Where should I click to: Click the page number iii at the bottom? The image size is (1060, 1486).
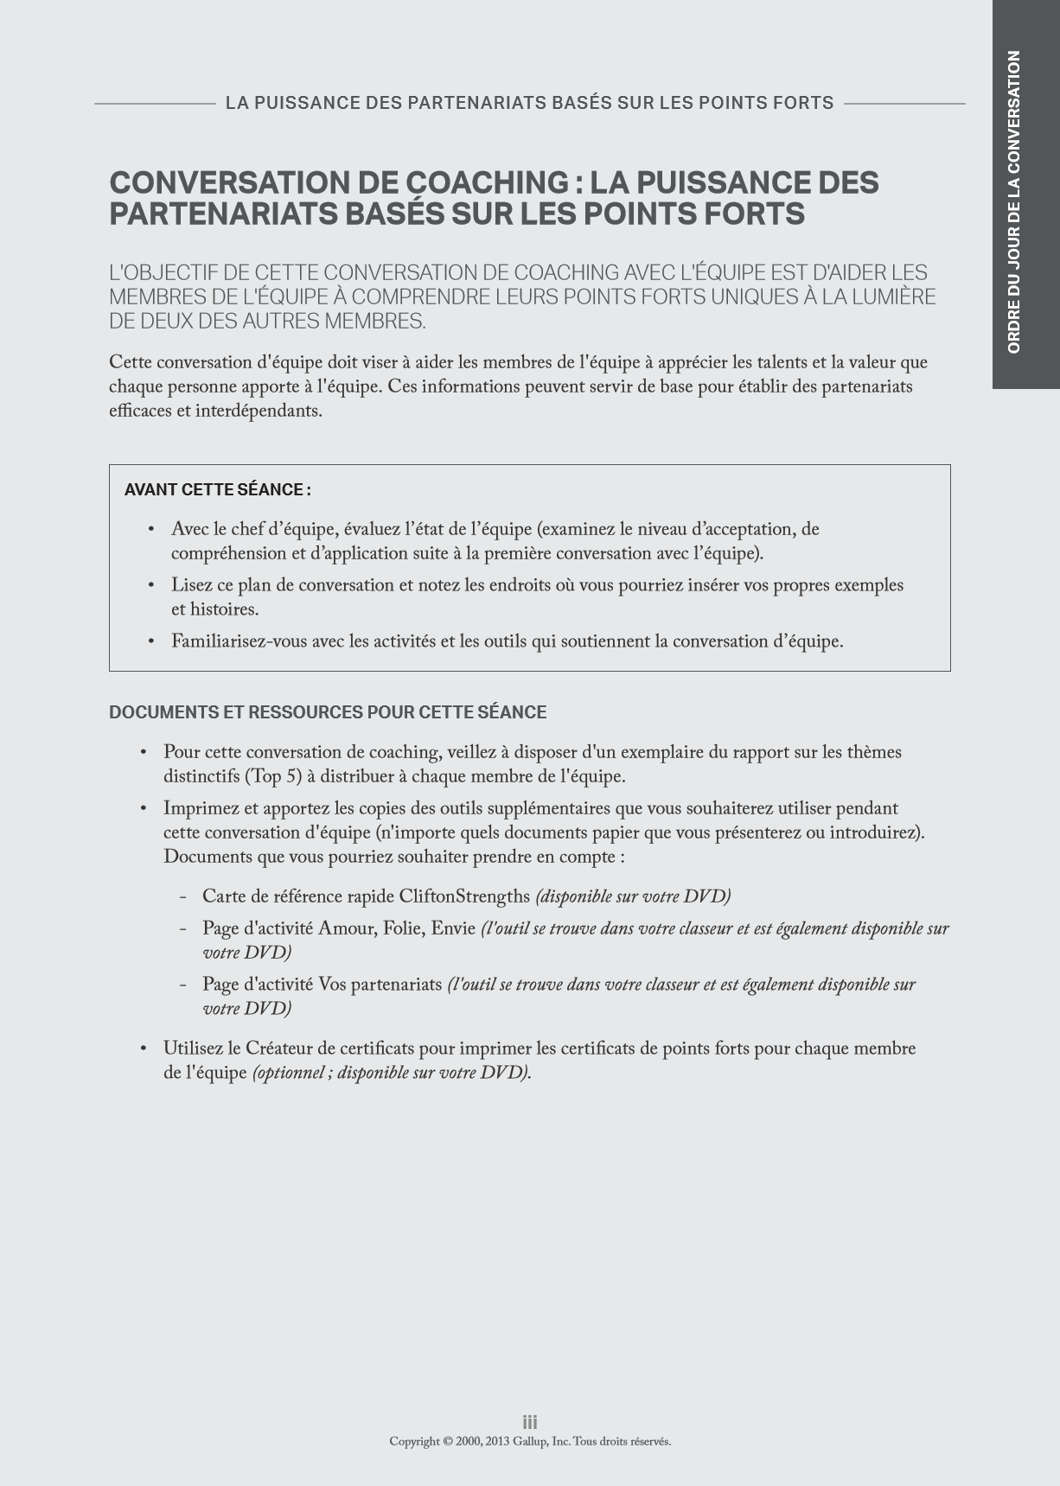(530, 1422)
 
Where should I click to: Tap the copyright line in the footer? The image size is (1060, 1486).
(530, 1441)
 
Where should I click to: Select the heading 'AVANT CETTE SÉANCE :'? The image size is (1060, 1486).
(217, 490)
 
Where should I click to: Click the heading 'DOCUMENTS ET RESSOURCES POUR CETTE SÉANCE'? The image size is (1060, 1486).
(328, 712)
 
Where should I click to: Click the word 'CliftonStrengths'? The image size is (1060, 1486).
(464, 896)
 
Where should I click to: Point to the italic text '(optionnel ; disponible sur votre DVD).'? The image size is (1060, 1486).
(392, 1073)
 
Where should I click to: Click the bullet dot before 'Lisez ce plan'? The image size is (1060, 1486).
(151, 585)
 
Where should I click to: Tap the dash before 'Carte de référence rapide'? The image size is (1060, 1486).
(183, 896)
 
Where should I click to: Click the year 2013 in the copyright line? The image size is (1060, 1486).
(497, 1441)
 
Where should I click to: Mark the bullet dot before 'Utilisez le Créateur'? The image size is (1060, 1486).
(144, 1049)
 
